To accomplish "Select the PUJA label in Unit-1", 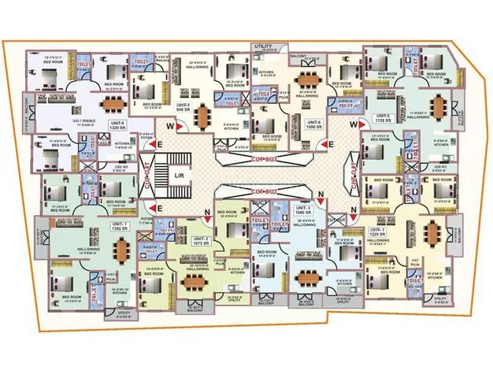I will click(108, 278).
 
